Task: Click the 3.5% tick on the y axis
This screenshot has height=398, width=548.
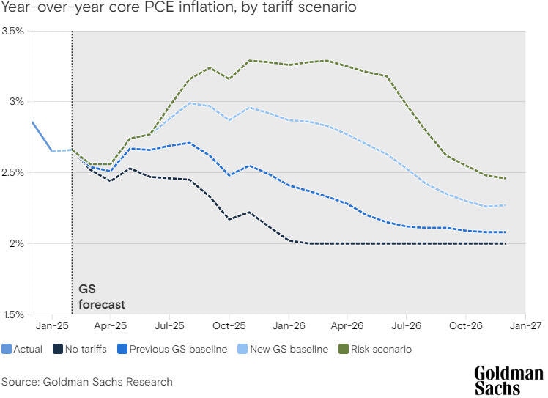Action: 12,32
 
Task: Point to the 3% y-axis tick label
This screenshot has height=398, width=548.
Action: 17,102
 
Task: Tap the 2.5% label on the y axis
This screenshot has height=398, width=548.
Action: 12,173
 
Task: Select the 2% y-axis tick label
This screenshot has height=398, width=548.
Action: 17,243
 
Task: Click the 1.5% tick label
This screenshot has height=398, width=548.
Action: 12,314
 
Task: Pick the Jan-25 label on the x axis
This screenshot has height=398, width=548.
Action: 51,325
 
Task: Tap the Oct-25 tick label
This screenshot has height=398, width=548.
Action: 229,325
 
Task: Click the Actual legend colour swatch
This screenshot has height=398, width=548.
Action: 7,350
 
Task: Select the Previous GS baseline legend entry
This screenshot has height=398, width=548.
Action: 170,350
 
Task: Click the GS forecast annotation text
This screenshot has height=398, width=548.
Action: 101,297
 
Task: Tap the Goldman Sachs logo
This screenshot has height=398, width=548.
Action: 508,380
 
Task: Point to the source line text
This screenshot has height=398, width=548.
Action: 86,381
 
